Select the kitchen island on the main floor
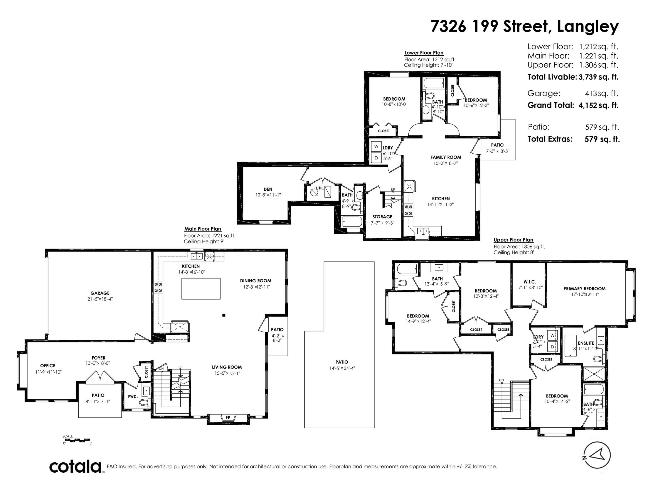[x=201, y=289]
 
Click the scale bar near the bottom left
[x=77, y=440]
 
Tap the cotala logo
[x=75, y=467]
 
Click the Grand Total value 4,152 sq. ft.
[x=598, y=105]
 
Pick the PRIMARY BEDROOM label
[x=584, y=289]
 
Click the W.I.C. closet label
[x=530, y=282]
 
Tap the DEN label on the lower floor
[x=268, y=189]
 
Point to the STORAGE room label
[x=382, y=216]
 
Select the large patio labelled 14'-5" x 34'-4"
[x=340, y=345]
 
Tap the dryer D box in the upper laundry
[x=552, y=346]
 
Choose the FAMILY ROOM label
[x=446, y=157]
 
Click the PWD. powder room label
[x=133, y=396]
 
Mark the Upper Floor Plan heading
[x=513, y=240]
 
